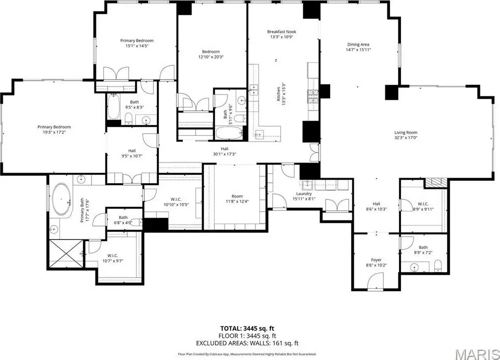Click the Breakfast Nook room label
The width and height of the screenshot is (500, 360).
click(281, 32)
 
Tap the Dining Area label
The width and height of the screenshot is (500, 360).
click(358, 45)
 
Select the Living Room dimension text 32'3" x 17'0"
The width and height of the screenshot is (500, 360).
click(406, 138)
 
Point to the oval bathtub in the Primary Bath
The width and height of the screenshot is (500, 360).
click(62, 199)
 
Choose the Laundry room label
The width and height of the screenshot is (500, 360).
click(304, 194)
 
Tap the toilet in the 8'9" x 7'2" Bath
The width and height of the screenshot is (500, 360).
click(438, 266)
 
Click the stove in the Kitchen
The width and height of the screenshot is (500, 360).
click(313, 96)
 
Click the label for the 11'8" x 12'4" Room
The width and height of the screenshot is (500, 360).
click(237, 196)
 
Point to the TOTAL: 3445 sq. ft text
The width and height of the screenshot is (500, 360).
click(247, 328)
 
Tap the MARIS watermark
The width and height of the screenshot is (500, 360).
click(477, 354)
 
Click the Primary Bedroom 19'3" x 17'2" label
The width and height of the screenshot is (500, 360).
click(54, 127)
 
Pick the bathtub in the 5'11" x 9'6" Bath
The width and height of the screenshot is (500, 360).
click(229, 133)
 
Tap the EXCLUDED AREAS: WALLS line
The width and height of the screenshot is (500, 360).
click(247, 343)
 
